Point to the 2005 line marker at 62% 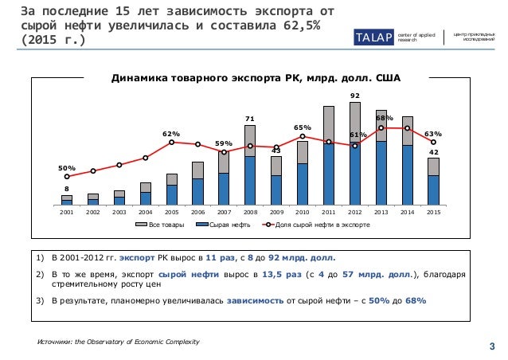click(x=172, y=142)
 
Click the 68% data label click(x=382, y=118)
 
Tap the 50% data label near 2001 click(x=67, y=168)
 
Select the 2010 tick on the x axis click(x=303, y=213)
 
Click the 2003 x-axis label click(x=119, y=213)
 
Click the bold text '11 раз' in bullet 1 click(x=221, y=257)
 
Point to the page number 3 click(x=491, y=344)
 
